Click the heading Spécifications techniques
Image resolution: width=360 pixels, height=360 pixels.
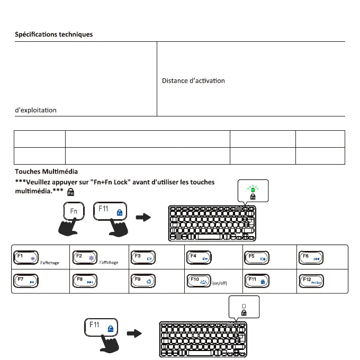tap(53, 34)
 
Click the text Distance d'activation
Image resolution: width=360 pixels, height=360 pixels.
tap(193, 81)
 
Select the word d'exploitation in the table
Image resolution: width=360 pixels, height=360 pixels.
tap(35, 110)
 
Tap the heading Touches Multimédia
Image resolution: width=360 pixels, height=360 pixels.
tap(47, 172)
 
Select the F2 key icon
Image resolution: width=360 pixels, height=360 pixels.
tap(84, 258)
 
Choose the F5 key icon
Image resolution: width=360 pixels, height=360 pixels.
tap(258, 258)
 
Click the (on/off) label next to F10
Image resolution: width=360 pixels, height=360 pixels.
tap(219, 283)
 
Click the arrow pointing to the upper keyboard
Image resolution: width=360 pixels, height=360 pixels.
tap(142, 218)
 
